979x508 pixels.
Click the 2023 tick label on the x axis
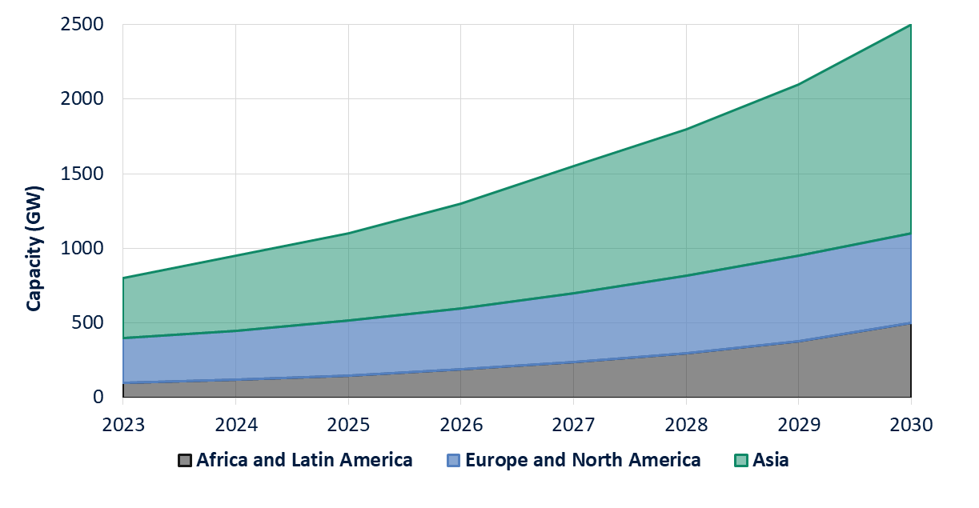tap(122, 424)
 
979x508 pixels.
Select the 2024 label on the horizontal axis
tap(235, 424)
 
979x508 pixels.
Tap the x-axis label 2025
tap(348, 424)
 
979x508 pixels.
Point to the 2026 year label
tap(460, 424)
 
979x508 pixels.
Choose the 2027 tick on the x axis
tap(573, 424)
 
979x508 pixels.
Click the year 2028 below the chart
tap(686, 424)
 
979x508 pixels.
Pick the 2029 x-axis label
tap(798, 424)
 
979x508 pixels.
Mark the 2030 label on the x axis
tap(911, 424)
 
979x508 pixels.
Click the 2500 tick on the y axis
tap(82, 25)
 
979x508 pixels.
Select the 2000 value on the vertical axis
tap(82, 99)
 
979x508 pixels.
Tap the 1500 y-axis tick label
tap(82, 174)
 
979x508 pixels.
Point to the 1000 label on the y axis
tap(82, 248)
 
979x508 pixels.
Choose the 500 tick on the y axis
tap(88, 322)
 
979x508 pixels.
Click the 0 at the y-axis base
tap(98, 397)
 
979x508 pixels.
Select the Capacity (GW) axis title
tap(34, 249)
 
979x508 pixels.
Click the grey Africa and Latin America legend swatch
tap(185, 461)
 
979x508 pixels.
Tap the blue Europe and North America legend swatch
tap(454, 461)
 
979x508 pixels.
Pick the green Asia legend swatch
tap(740, 461)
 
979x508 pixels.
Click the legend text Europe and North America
tap(583, 460)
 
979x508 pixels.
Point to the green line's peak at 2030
tap(911, 25)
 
